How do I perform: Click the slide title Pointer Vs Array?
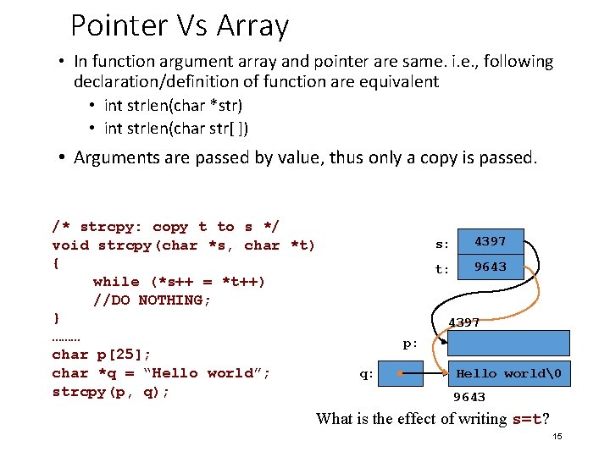pyautogui.click(x=180, y=26)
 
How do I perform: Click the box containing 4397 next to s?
pyautogui.click(x=490, y=241)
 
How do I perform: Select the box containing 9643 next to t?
pyautogui.click(x=490, y=267)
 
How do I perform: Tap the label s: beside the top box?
pyautogui.click(x=442, y=245)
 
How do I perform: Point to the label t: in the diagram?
pyautogui.click(x=442, y=270)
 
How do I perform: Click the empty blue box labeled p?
pyautogui.click(x=508, y=343)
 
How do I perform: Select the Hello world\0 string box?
pyautogui.click(x=508, y=373)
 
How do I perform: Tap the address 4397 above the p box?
pyautogui.click(x=464, y=322)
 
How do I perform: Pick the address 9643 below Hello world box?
pyautogui.click(x=469, y=397)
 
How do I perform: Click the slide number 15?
pyautogui.click(x=557, y=437)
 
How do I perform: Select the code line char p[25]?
pyautogui.click(x=102, y=355)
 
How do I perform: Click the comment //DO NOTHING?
pyautogui.click(x=152, y=300)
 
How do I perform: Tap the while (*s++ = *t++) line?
pyautogui.click(x=179, y=281)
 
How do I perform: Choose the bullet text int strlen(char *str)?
pyautogui.click(x=173, y=106)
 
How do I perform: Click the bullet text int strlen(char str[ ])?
pyautogui.click(x=176, y=129)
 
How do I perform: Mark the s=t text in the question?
pyautogui.click(x=527, y=419)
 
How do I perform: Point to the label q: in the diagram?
pyautogui.click(x=366, y=374)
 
